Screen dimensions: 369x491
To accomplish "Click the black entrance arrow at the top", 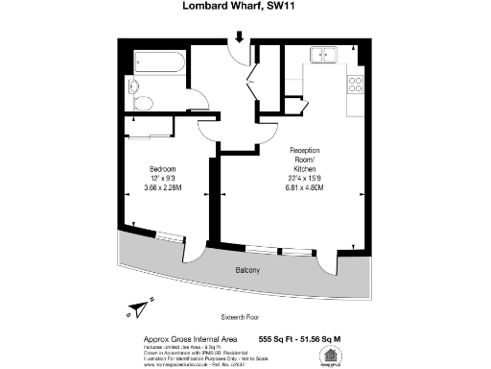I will tap(239, 37).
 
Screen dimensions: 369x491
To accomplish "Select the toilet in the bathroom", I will tap(142, 103).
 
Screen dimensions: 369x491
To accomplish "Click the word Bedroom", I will tap(162, 169).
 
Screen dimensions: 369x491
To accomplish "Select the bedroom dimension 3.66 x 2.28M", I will tap(162, 189).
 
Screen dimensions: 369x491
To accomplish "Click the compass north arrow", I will tap(136, 307).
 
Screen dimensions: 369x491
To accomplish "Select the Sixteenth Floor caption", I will tap(241, 315).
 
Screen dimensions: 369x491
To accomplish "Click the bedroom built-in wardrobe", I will tap(152, 126).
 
